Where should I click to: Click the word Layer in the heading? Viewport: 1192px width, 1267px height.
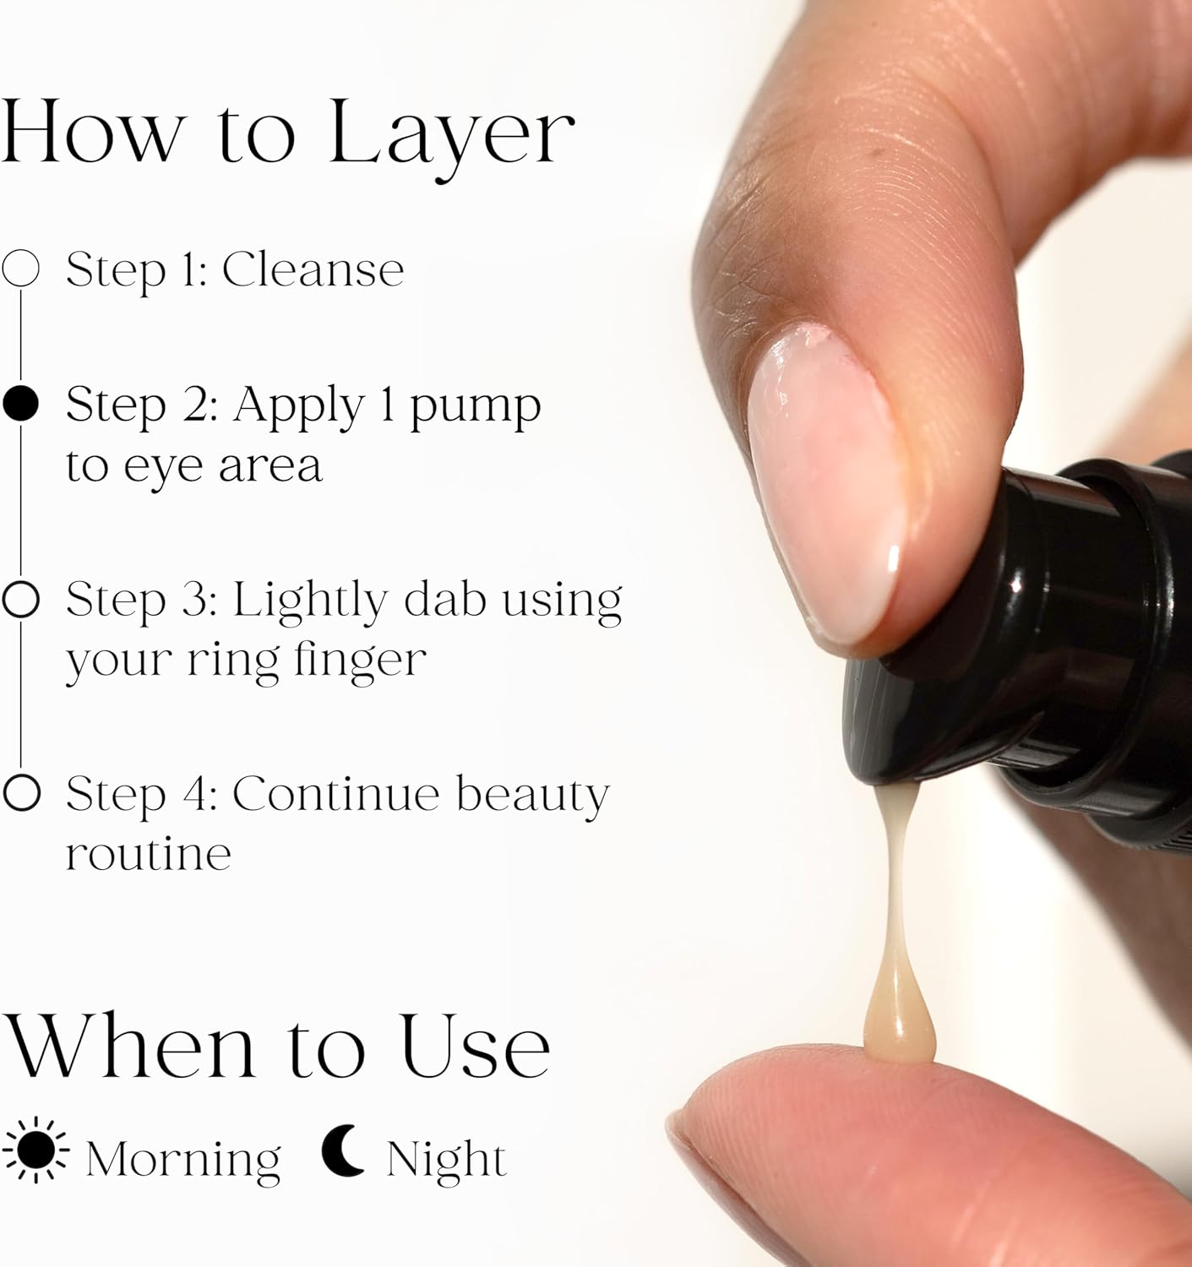(x=452, y=139)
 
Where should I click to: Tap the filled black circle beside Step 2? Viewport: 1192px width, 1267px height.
(x=20, y=404)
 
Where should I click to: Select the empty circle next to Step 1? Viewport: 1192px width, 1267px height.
(x=20, y=268)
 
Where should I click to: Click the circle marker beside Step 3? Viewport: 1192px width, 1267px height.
(x=21, y=599)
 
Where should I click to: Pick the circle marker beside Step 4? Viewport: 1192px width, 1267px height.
(x=22, y=792)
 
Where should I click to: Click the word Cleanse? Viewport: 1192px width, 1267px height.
(x=313, y=269)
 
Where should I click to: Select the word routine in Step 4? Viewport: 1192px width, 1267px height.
(x=149, y=854)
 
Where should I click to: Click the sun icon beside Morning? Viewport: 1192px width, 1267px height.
(x=35, y=1150)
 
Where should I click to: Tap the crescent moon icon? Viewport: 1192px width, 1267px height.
(x=342, y=1150)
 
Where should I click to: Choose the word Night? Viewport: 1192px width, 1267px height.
(x=447, y=1158)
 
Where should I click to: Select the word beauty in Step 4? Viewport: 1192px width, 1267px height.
(x=533, y=795)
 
